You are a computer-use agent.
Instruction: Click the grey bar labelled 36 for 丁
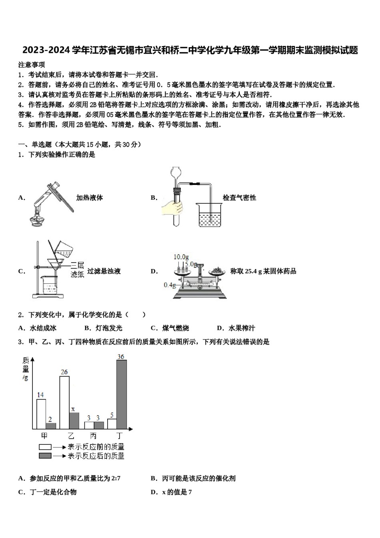click(x=122, y=394)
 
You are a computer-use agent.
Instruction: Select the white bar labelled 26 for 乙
click(x=64, y=402)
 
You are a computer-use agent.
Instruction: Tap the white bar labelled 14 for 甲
click(x=41, y=414)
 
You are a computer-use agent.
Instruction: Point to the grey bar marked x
click(x=74, y=421)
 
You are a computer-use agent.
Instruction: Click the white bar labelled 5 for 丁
click(x=112, y=424)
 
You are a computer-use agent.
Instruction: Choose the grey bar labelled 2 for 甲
click(x=51, y=426)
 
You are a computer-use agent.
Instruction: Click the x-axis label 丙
click(x=94, y=436)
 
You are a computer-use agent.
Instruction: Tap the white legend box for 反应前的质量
click(x=45, y=447)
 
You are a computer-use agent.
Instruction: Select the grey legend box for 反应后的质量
click(x=45, y=456)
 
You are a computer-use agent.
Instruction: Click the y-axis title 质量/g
click(x=26, y=368)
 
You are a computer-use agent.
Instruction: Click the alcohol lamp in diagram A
click(x=38, y=219)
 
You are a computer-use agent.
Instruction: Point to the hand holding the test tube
click(x=172, y=208)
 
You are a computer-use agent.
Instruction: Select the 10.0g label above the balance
click(x=181, y=257)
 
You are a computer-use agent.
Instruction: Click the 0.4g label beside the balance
click(x=170, y=285)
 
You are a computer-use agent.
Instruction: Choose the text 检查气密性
click(x=239, y=198)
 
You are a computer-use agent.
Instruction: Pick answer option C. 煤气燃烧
click(x=170, y=328)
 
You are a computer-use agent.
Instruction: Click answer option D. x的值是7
click(x=171, y=492)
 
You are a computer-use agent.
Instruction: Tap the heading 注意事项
click(x=32, y=64)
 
